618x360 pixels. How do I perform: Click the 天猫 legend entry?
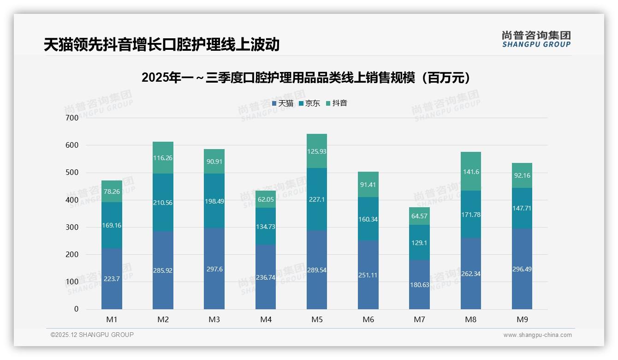283,103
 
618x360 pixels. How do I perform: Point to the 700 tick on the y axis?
72,118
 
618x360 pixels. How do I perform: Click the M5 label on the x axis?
317,319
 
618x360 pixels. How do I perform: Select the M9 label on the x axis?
522,319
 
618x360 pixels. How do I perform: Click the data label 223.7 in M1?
112,278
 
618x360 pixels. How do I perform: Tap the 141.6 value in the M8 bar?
471,172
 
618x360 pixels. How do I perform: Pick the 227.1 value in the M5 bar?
317,200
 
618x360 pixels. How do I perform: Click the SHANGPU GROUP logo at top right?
536,39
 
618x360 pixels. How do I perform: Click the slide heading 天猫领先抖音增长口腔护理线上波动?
161,45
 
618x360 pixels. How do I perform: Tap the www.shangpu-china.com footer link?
537,335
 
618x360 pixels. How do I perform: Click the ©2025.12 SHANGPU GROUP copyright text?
92,335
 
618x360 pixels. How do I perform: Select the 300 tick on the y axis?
72,227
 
